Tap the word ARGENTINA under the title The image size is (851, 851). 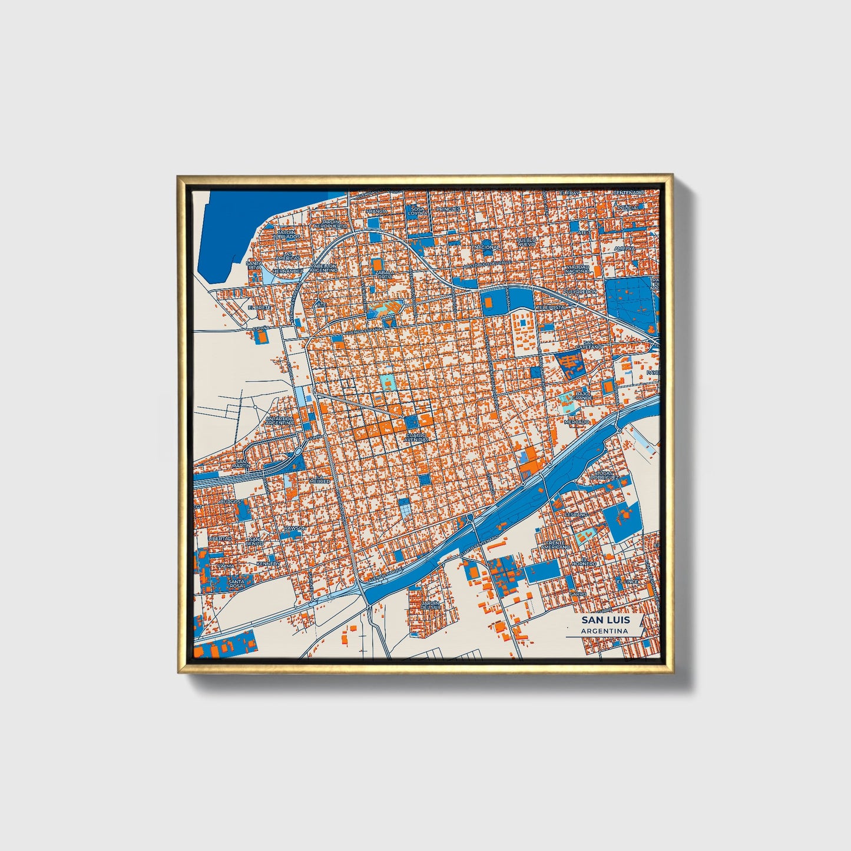click(604, 631)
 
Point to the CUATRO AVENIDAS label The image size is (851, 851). click(416, 438)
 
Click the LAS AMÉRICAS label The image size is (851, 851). click(287, 256)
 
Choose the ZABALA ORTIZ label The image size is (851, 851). click(383, 275)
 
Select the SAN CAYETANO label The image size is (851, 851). click(592, 345)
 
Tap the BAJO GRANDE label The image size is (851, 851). click(582, 395)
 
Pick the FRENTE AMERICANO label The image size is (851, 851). click(557, 545)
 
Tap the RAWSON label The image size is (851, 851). click(294, 528)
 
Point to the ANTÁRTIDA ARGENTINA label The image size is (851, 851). click(279, 420)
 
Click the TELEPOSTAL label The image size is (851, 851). click(552, 307)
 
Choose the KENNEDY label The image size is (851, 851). click(267, 564)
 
